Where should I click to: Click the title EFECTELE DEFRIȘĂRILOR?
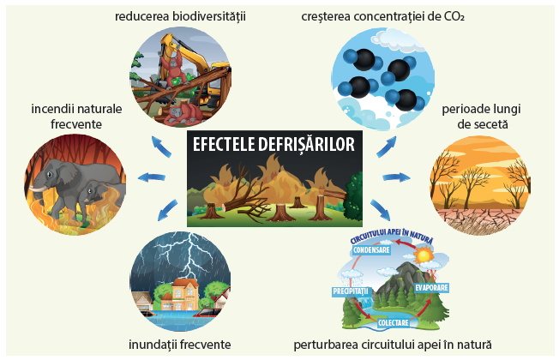(273, 145)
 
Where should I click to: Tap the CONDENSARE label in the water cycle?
(371, 250)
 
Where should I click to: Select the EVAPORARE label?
(431, 288)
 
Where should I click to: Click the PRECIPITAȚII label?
(350, 291)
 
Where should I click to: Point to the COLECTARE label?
(394, 323)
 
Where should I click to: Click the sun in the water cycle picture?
(424, 255)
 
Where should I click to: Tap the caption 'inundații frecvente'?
(180, 345)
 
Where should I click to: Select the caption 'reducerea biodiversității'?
(180, 16)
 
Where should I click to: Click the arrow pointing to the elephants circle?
(152, 177)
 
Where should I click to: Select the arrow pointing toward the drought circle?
(396, 177)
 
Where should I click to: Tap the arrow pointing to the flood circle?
(167, 210)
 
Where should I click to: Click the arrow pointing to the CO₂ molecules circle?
(387, 147)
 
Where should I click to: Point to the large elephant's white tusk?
(38, 189)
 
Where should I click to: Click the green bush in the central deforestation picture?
(353, 197)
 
